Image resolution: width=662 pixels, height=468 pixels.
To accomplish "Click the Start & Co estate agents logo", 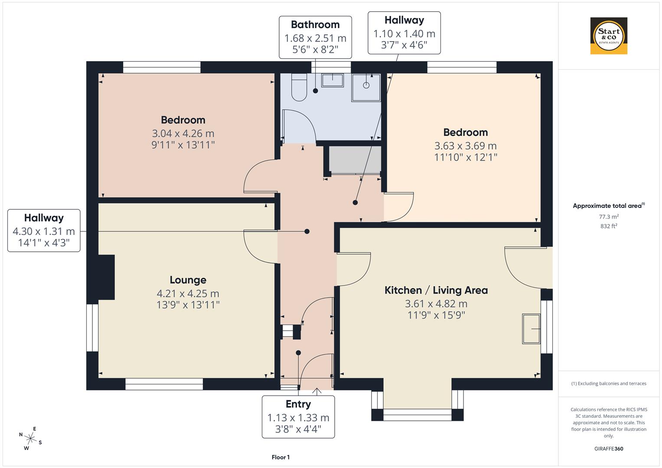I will pos(609,36).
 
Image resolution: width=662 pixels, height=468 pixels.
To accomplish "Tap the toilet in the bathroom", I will pos(299,88).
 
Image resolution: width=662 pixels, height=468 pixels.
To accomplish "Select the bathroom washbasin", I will pos(333,80).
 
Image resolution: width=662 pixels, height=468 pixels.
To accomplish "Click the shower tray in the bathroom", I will pos(366,86).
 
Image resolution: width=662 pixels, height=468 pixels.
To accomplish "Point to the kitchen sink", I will pos(531,329).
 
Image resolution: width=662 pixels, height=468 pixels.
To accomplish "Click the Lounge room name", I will pos(188,280).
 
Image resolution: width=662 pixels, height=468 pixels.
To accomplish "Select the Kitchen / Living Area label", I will pos(436,290).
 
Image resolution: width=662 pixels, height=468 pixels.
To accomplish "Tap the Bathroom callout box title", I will pos(315,25).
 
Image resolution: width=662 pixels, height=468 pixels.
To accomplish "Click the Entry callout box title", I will pos(298,404).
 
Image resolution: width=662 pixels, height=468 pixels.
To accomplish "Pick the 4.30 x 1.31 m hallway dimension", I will pos(44,231).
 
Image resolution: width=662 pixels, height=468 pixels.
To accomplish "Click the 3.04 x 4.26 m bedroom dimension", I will pos(183,133).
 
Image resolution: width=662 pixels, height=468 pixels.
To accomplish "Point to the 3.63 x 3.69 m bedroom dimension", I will pos(466,146).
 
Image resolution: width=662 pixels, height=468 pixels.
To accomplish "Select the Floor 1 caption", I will pos(280,457).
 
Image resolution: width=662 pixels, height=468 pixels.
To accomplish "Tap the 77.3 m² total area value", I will pos(609,217).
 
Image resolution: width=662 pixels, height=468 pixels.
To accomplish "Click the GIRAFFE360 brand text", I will pos(609,448).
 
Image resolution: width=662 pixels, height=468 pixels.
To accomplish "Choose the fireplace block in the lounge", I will pos(106,277).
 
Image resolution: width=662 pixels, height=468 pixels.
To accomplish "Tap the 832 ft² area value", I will pos(609,226).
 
